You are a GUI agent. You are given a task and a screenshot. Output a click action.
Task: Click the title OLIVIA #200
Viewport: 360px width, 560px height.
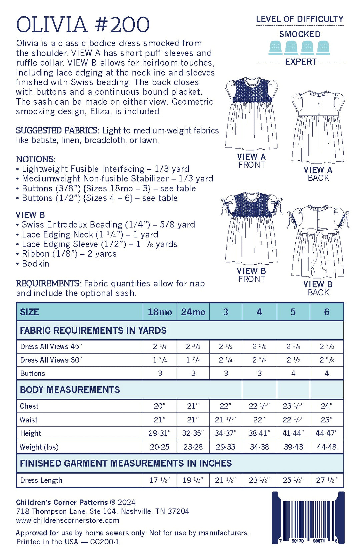click(x=83, y=25)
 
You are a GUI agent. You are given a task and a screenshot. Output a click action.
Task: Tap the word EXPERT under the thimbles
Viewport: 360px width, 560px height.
click(x=301, y=62)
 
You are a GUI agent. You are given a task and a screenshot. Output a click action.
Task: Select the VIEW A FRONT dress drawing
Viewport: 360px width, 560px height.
click(x=251, y=113)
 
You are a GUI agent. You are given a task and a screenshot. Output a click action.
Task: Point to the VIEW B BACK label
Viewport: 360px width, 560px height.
click(x=318, y=288)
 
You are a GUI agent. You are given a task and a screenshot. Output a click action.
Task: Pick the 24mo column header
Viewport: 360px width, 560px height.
click(x=193, y=312)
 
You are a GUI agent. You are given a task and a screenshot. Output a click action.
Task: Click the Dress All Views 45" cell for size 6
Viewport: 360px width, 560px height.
click(x=327, y=347)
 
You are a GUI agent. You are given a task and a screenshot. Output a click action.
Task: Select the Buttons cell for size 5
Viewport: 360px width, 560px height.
click(x=293, y=373)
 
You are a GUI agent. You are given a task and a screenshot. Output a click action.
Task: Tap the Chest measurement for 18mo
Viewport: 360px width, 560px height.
click(x=159, y=406)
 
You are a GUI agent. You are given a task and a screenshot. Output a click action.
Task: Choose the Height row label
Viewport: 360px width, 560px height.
click(x=30, y=433)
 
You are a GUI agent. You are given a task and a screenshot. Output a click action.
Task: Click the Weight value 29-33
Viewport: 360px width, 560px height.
click(x=226, y=447)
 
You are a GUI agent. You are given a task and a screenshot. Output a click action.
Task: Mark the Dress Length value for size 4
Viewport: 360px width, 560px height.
click(x=259, y=480)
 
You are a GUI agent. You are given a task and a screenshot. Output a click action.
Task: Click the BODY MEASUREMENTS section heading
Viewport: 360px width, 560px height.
click(x=70, y=390)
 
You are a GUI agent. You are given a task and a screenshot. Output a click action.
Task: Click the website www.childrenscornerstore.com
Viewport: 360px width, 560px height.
click(x=67, y=520)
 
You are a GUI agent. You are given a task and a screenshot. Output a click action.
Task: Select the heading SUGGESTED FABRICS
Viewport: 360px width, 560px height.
click(x=57, y=130)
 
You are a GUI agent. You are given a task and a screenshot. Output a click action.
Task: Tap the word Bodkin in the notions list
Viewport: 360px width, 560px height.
click(x=35, y=264)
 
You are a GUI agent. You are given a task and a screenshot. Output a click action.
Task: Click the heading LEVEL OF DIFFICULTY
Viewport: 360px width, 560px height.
click(x=299, y=19)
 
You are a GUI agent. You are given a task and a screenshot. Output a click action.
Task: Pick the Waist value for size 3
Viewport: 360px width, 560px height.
click(x=226, y=420)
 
